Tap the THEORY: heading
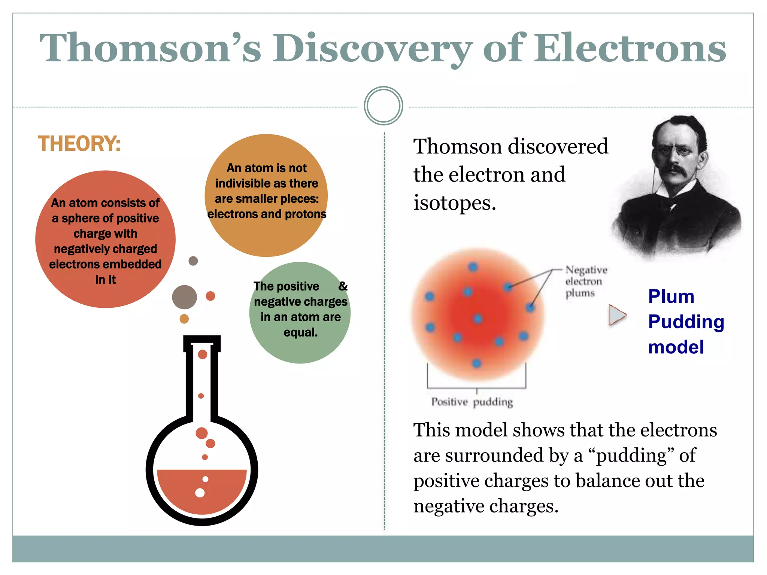pos(79,144)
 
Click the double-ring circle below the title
pos(383,106)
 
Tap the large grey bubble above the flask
pos(184,297)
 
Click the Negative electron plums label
pos(585,281)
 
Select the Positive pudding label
pos(472,402)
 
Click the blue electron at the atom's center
pos(478,319)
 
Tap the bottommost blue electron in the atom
pos(476,363)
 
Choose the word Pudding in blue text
pos(686,322)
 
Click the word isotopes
pos(454,203)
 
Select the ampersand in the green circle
pos(343,286)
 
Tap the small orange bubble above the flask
pos(184,319)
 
